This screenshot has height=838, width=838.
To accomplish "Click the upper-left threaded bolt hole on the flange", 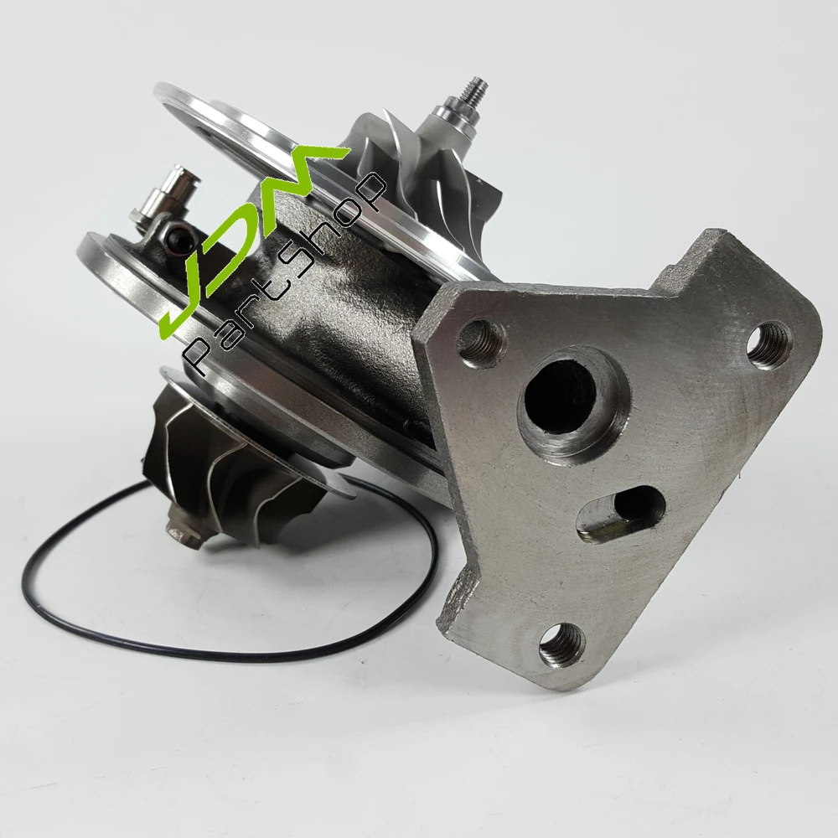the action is point(480,343).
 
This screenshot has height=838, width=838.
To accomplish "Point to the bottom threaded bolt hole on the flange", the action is point(562,644).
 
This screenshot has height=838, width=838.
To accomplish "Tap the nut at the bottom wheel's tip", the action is point(183,526).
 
